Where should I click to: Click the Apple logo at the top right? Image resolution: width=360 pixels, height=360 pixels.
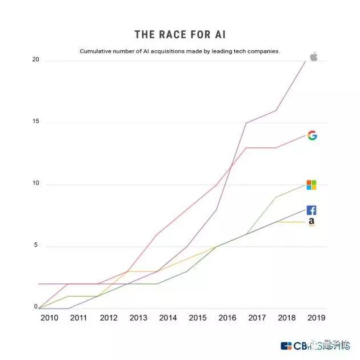(313, 56)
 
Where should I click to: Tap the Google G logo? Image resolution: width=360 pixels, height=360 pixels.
(312, 135)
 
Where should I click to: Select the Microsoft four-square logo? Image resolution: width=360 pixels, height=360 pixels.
(311, 185)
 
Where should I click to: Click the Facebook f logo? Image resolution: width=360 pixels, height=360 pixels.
(311, 210)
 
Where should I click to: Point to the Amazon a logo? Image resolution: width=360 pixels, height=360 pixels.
(311, 222)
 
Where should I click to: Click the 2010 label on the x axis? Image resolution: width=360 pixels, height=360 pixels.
(50, 317)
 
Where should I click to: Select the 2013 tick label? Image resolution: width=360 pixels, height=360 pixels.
(139, 317)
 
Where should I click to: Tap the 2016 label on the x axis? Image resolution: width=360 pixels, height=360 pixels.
(227, 317)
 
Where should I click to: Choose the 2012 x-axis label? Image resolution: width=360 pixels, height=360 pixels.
(109, 317)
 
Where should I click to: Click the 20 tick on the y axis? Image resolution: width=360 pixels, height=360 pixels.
(35, 60)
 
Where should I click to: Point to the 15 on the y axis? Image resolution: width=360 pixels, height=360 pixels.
(35, 122)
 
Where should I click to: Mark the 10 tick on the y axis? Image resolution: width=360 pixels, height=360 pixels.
(35, 184)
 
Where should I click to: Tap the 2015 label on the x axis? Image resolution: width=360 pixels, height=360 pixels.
(198, 317)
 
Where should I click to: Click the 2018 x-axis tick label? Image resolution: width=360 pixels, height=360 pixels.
(286, 317)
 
